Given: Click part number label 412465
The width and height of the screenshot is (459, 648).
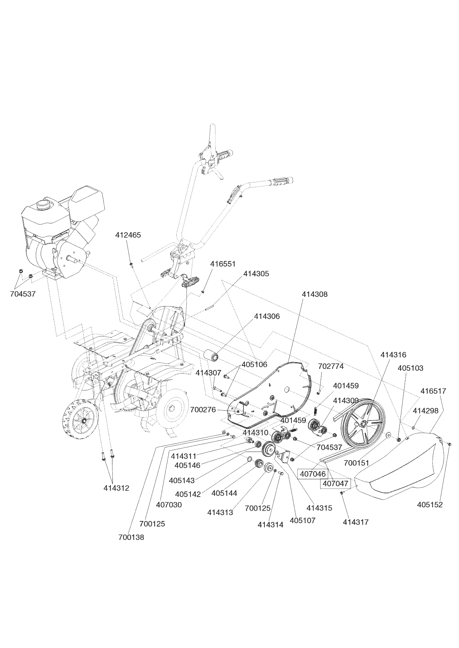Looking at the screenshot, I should (128, 235).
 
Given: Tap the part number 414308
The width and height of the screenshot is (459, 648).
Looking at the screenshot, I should (314, 294).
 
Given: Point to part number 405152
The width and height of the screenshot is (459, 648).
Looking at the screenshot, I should (430, 505).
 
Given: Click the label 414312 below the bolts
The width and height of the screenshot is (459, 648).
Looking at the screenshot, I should (116, 488).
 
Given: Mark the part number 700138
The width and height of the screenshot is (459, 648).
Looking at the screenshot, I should (131, 538).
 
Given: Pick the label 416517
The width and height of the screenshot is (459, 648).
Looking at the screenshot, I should (433, 391).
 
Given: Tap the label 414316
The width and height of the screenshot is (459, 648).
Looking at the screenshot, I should (393, 355).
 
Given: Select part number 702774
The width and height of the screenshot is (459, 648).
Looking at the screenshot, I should (331, 366).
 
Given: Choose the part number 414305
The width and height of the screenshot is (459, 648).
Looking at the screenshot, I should (256, 274).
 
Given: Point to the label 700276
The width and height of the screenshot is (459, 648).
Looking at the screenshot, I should (203, 409).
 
